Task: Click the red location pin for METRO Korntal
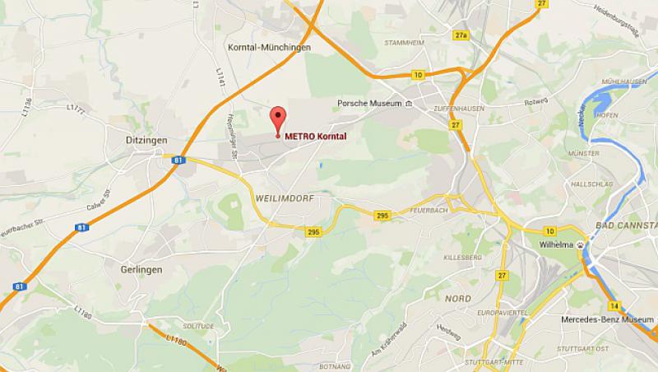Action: pos(277,118)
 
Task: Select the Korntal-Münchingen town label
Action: pos(269,49)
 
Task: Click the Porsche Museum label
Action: pos(368,104)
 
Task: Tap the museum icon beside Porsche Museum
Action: pos(409,104)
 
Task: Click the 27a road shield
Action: pos(460,35)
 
